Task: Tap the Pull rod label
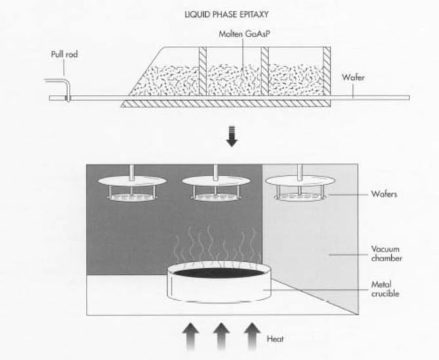click(64, 55)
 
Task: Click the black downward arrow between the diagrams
click(232, 139)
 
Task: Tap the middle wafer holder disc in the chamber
click(214, 180)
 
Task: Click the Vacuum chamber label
click(387, 253)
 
